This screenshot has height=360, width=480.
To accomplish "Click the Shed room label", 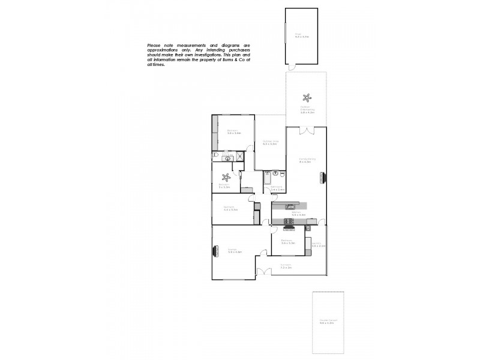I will (298, 35).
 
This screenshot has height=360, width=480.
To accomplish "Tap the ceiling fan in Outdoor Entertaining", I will (307, 98).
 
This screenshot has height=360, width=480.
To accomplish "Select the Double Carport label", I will (328, 322).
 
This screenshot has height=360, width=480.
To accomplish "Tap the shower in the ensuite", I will (239, 156).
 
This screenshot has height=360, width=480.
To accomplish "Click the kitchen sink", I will (290, 207).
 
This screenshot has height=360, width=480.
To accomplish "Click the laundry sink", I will (308, 227).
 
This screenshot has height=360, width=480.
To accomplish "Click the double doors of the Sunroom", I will (264, 273).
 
